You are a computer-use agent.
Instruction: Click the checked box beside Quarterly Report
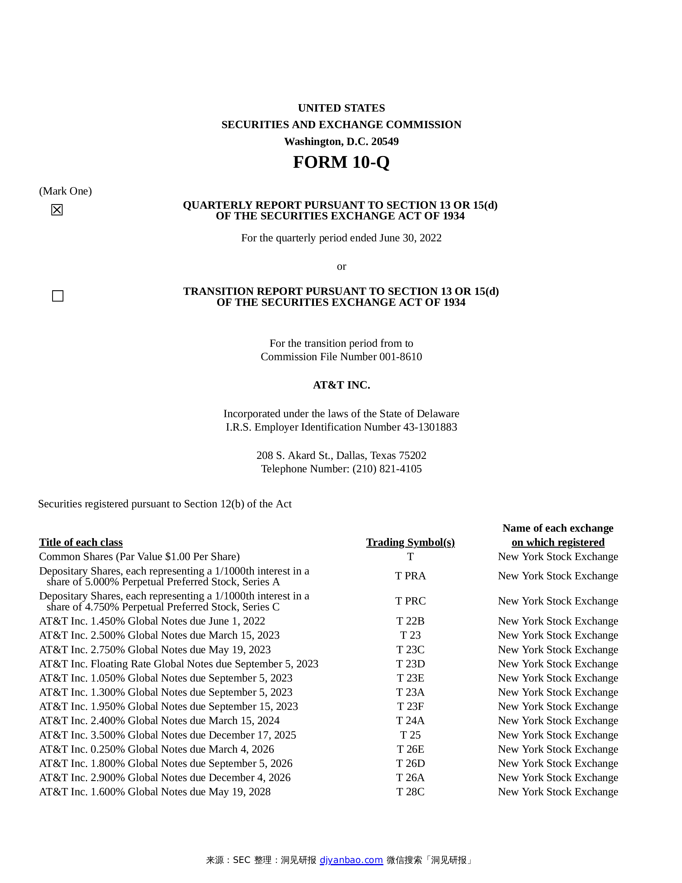pyautogui.click(x=57, y=210)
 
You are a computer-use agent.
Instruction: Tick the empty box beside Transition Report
pyautogui.click(x=58, y=296)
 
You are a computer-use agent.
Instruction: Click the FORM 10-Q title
pyautogui.click(x=341, y=162)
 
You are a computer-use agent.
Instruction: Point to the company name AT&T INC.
pyautogui.click(x=341, y=385)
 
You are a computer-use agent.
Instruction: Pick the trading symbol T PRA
pyautogui.click(x=410, y=576)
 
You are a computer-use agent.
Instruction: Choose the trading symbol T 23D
pyautogui.click(x=410, y=664)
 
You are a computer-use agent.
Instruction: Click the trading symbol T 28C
pyautogui.click(x=410, y=792)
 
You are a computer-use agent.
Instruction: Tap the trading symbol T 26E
pyautogui.click(x=410, y=749)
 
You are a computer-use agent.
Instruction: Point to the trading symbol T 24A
pyautogui.click(x=410, y=721)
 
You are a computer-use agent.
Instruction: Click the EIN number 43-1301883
pyautogui.click(x=430, y=427)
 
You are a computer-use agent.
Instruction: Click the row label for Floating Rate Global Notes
pyautogui.click(x=179, y=664)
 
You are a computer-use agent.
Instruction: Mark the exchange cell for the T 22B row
pyautogui.click(x=558, y=621)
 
